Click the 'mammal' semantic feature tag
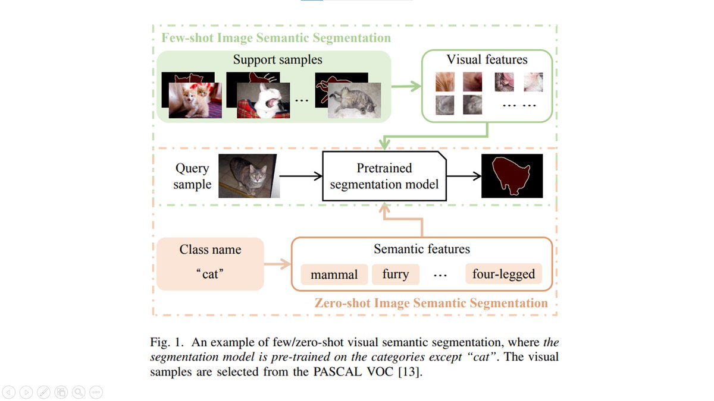click(x=334, y=274)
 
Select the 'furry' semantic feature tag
click(x=396, y=274)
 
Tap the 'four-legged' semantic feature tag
click(x=503, y=274)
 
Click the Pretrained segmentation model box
click(x=384, y=176)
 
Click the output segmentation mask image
click(x=512, y=176)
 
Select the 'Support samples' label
click(x=277, y=59)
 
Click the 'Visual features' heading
click(x=487, y=59)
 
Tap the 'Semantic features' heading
click(x=422, y=249)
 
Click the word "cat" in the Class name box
click(x=210, y=274)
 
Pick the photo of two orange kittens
click(x=195, y=100)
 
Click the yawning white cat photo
click(x=263, y=100)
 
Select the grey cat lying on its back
click(x=354, y=100)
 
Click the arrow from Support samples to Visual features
click(x=406, y=86)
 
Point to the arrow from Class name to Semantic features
click(x=277, y=264)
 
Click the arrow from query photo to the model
click(x=300, y=176)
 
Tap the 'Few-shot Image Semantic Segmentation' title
click(x=276, y=38)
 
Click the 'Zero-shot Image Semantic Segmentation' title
click(x=431, y=303)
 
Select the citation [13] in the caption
click(x=409, y=372)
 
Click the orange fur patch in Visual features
click(x=445, y=82)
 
